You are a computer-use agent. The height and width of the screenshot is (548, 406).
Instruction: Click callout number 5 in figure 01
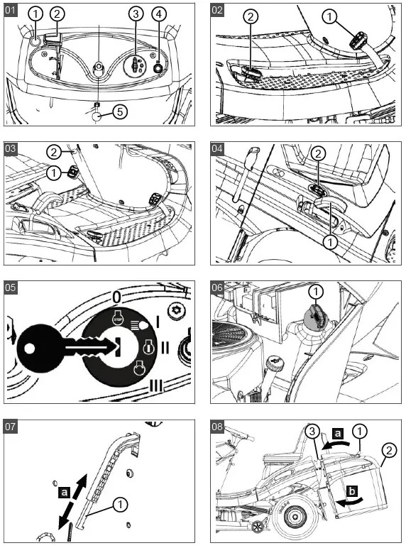[x=120, y=111]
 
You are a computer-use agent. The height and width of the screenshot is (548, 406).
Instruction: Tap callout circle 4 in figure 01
[x=159, y=14]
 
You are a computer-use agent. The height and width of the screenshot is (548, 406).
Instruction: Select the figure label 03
[x=10, y=148]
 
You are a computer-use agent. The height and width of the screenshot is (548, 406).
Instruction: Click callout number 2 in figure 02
[x=251, y=16]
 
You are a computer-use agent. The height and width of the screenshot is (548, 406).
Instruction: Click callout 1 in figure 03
[x=53, y=172]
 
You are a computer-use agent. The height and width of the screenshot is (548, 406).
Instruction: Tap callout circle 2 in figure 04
[x=318, y=153]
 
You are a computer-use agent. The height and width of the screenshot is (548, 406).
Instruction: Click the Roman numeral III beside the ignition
[x=156, y=385]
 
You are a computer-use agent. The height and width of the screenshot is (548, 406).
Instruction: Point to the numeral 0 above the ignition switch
[x=116, y=297]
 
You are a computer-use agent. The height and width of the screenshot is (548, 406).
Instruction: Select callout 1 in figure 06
[x=316, y=291]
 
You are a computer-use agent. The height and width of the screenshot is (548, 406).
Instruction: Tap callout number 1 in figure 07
[x=121, y=504]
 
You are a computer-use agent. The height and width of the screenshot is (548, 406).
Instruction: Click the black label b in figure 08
[x=352, y=491]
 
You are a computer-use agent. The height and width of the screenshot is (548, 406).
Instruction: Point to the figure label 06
[x=217, y=287]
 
